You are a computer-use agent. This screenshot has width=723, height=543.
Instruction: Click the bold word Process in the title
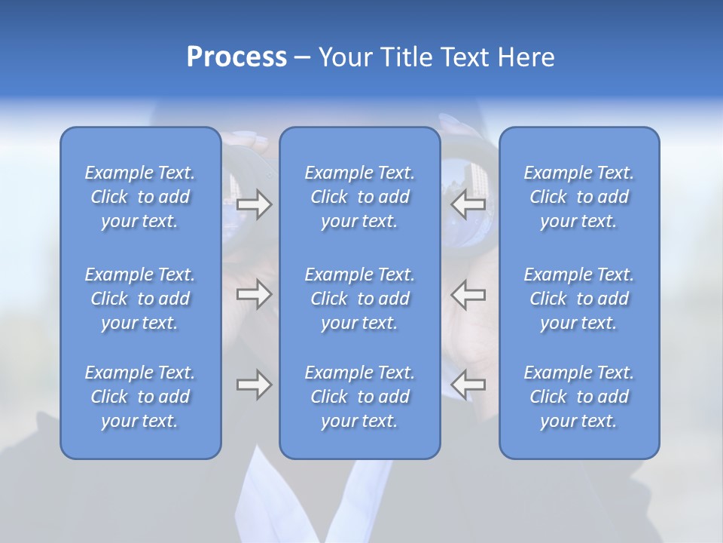pos(236,57)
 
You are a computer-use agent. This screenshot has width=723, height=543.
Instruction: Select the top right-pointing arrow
pos(254,204)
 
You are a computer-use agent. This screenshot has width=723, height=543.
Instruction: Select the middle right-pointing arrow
pos(254,294)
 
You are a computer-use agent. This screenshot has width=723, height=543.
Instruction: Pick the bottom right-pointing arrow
pos(254,385)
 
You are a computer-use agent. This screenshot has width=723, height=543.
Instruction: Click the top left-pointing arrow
pos(468,204)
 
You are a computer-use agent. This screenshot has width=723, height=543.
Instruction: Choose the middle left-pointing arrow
pos(468,294)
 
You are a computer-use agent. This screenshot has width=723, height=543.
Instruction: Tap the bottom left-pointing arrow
pos(468,385)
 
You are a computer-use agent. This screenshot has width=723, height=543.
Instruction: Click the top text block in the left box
pos(140,197)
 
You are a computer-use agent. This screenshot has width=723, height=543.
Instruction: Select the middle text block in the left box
pos(140,299)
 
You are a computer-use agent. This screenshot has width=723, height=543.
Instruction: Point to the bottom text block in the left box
pos(140,397)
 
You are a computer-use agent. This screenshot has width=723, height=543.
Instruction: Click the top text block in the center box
pos(360,197)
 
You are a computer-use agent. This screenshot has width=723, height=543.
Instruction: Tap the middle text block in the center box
pos(360,299)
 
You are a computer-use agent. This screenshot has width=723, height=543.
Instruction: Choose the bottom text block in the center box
pos(360,397)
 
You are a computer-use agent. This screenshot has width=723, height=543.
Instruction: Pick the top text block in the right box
pos(579,197)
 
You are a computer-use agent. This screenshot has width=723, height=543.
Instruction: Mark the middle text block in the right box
pos(579,299)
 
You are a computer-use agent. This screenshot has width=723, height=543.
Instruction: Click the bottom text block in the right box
pos(579,397)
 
